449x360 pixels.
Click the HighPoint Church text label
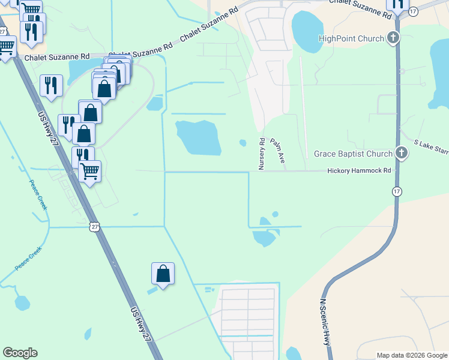coord(351,39)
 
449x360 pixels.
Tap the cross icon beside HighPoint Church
coord(393,39)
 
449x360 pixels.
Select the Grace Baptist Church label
coord(353,154)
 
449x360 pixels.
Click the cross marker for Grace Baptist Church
coord(402,154)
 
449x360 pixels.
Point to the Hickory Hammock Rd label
coord(359,171)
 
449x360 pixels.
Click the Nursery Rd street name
coord(262,154)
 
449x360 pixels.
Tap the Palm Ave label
coord(277,151)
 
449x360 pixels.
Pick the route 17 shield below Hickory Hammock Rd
coord(396,191)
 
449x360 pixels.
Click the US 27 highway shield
coord(92,226)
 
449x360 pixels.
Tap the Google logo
coord(20,353)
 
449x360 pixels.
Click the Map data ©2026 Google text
coord(412,355)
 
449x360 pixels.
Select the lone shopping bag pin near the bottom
coord(163,274)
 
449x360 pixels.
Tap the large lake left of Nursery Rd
coord(198,137)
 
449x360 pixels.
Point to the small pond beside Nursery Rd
coord(243,143)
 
